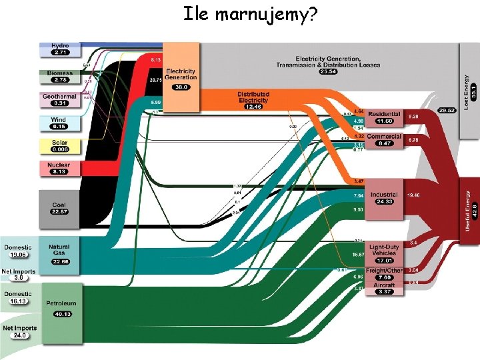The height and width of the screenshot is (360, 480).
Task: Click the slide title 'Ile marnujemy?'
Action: point(249,13)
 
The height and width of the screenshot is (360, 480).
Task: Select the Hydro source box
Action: point(60,49)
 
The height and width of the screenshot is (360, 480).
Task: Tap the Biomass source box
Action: point(60,76)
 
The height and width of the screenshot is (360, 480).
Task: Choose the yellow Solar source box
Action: point(60,146)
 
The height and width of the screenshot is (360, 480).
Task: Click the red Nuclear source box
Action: point(60,168)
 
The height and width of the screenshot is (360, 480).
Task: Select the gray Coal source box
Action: point(60,204)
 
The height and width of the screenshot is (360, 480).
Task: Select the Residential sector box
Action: point(384,117)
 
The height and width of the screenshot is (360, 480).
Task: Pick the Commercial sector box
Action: point(384,139)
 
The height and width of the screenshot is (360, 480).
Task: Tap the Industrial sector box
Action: point(384,198)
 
